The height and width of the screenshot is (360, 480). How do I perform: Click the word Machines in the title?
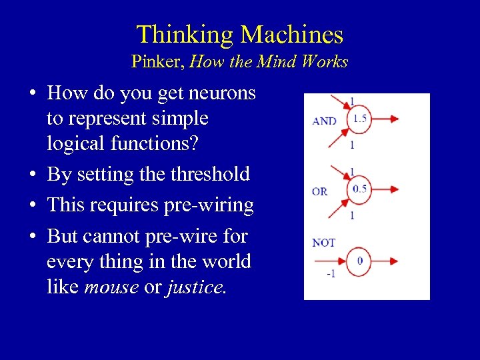pyautogui.click(x=292, y=35)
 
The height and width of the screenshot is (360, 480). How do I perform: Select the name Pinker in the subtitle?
pyautogui.click(x=157, y=62)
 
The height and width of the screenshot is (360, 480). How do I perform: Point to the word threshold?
pyautogui.click(x=211, y=175)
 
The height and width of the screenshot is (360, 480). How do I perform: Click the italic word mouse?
pyautogui.click(x=111, y=287)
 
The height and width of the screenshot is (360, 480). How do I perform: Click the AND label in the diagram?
pyautogui.click(x=325, y=121)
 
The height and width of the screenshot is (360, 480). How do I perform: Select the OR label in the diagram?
pyautogui.click(x=320, y=191)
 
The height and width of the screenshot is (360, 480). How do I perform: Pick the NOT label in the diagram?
pyautogui.click(x=323, y=243)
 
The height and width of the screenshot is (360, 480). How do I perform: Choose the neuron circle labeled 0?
pyautogui.click(x=359, y=261)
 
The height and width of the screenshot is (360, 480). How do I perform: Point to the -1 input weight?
pyautogui.click(x=330, y=274)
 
